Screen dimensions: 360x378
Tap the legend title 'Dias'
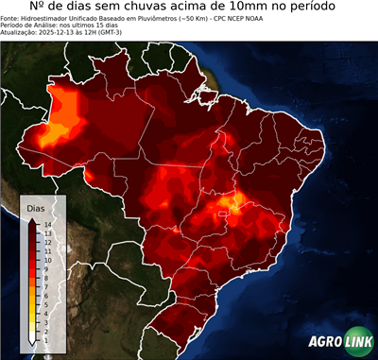(36, 207)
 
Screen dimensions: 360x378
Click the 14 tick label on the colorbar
(47, 224)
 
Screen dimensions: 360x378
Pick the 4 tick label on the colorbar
(46, 312)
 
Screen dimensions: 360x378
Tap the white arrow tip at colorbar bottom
(33, 342)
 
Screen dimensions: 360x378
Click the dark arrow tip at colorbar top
(33, 219)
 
